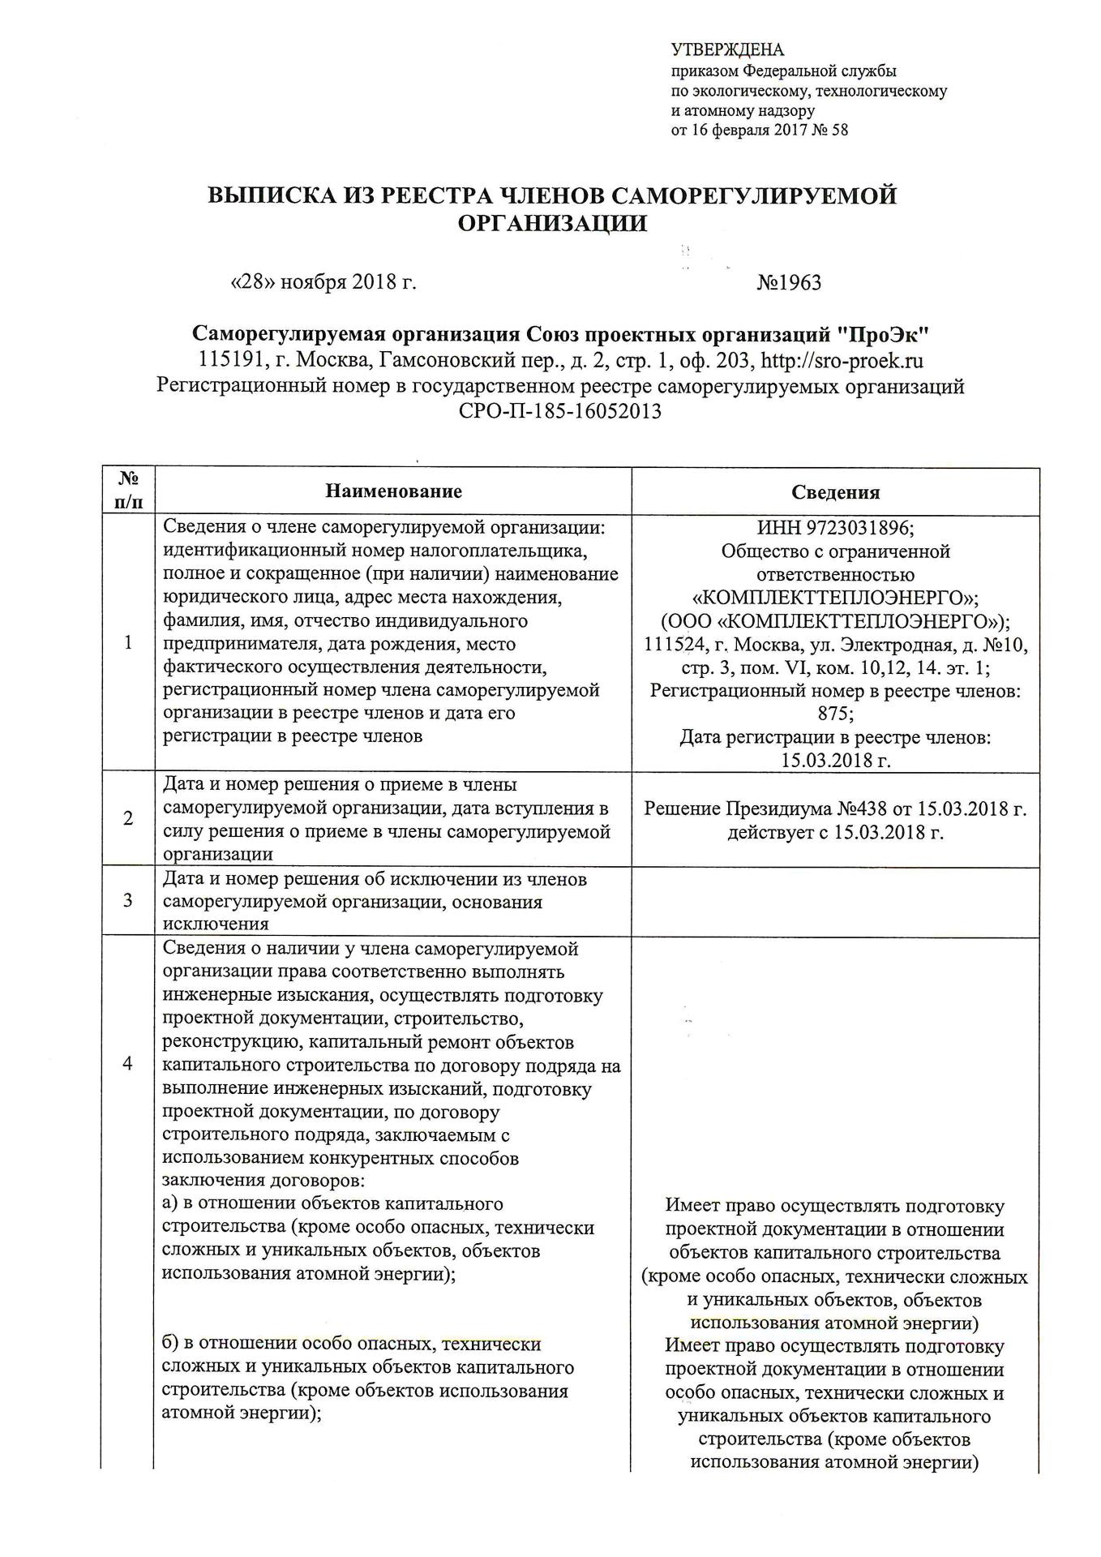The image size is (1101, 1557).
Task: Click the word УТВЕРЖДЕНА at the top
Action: pos(727,50)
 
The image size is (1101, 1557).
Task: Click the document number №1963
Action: pos(788,282)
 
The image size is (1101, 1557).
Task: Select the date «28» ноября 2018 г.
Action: pos(323,282)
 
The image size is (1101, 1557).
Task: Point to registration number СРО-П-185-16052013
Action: pos(559,411)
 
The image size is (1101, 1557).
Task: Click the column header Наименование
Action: pos(393,491)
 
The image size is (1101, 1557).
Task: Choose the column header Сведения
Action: pos(835,492)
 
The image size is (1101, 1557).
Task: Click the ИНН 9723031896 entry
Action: pos(835,528)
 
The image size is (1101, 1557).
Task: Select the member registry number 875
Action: pos(834,714)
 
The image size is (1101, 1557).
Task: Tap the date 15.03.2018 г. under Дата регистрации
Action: pos(835,760)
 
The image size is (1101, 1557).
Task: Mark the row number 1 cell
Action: pos(127,643)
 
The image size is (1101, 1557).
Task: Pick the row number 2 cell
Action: pos(127,819)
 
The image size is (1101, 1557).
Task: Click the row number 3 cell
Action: pos(127,901)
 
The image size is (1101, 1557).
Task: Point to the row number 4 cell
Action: pos(127,1065)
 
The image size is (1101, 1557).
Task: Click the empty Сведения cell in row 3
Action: pos(835,902)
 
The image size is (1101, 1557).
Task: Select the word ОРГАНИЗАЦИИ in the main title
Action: pos(552,223)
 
